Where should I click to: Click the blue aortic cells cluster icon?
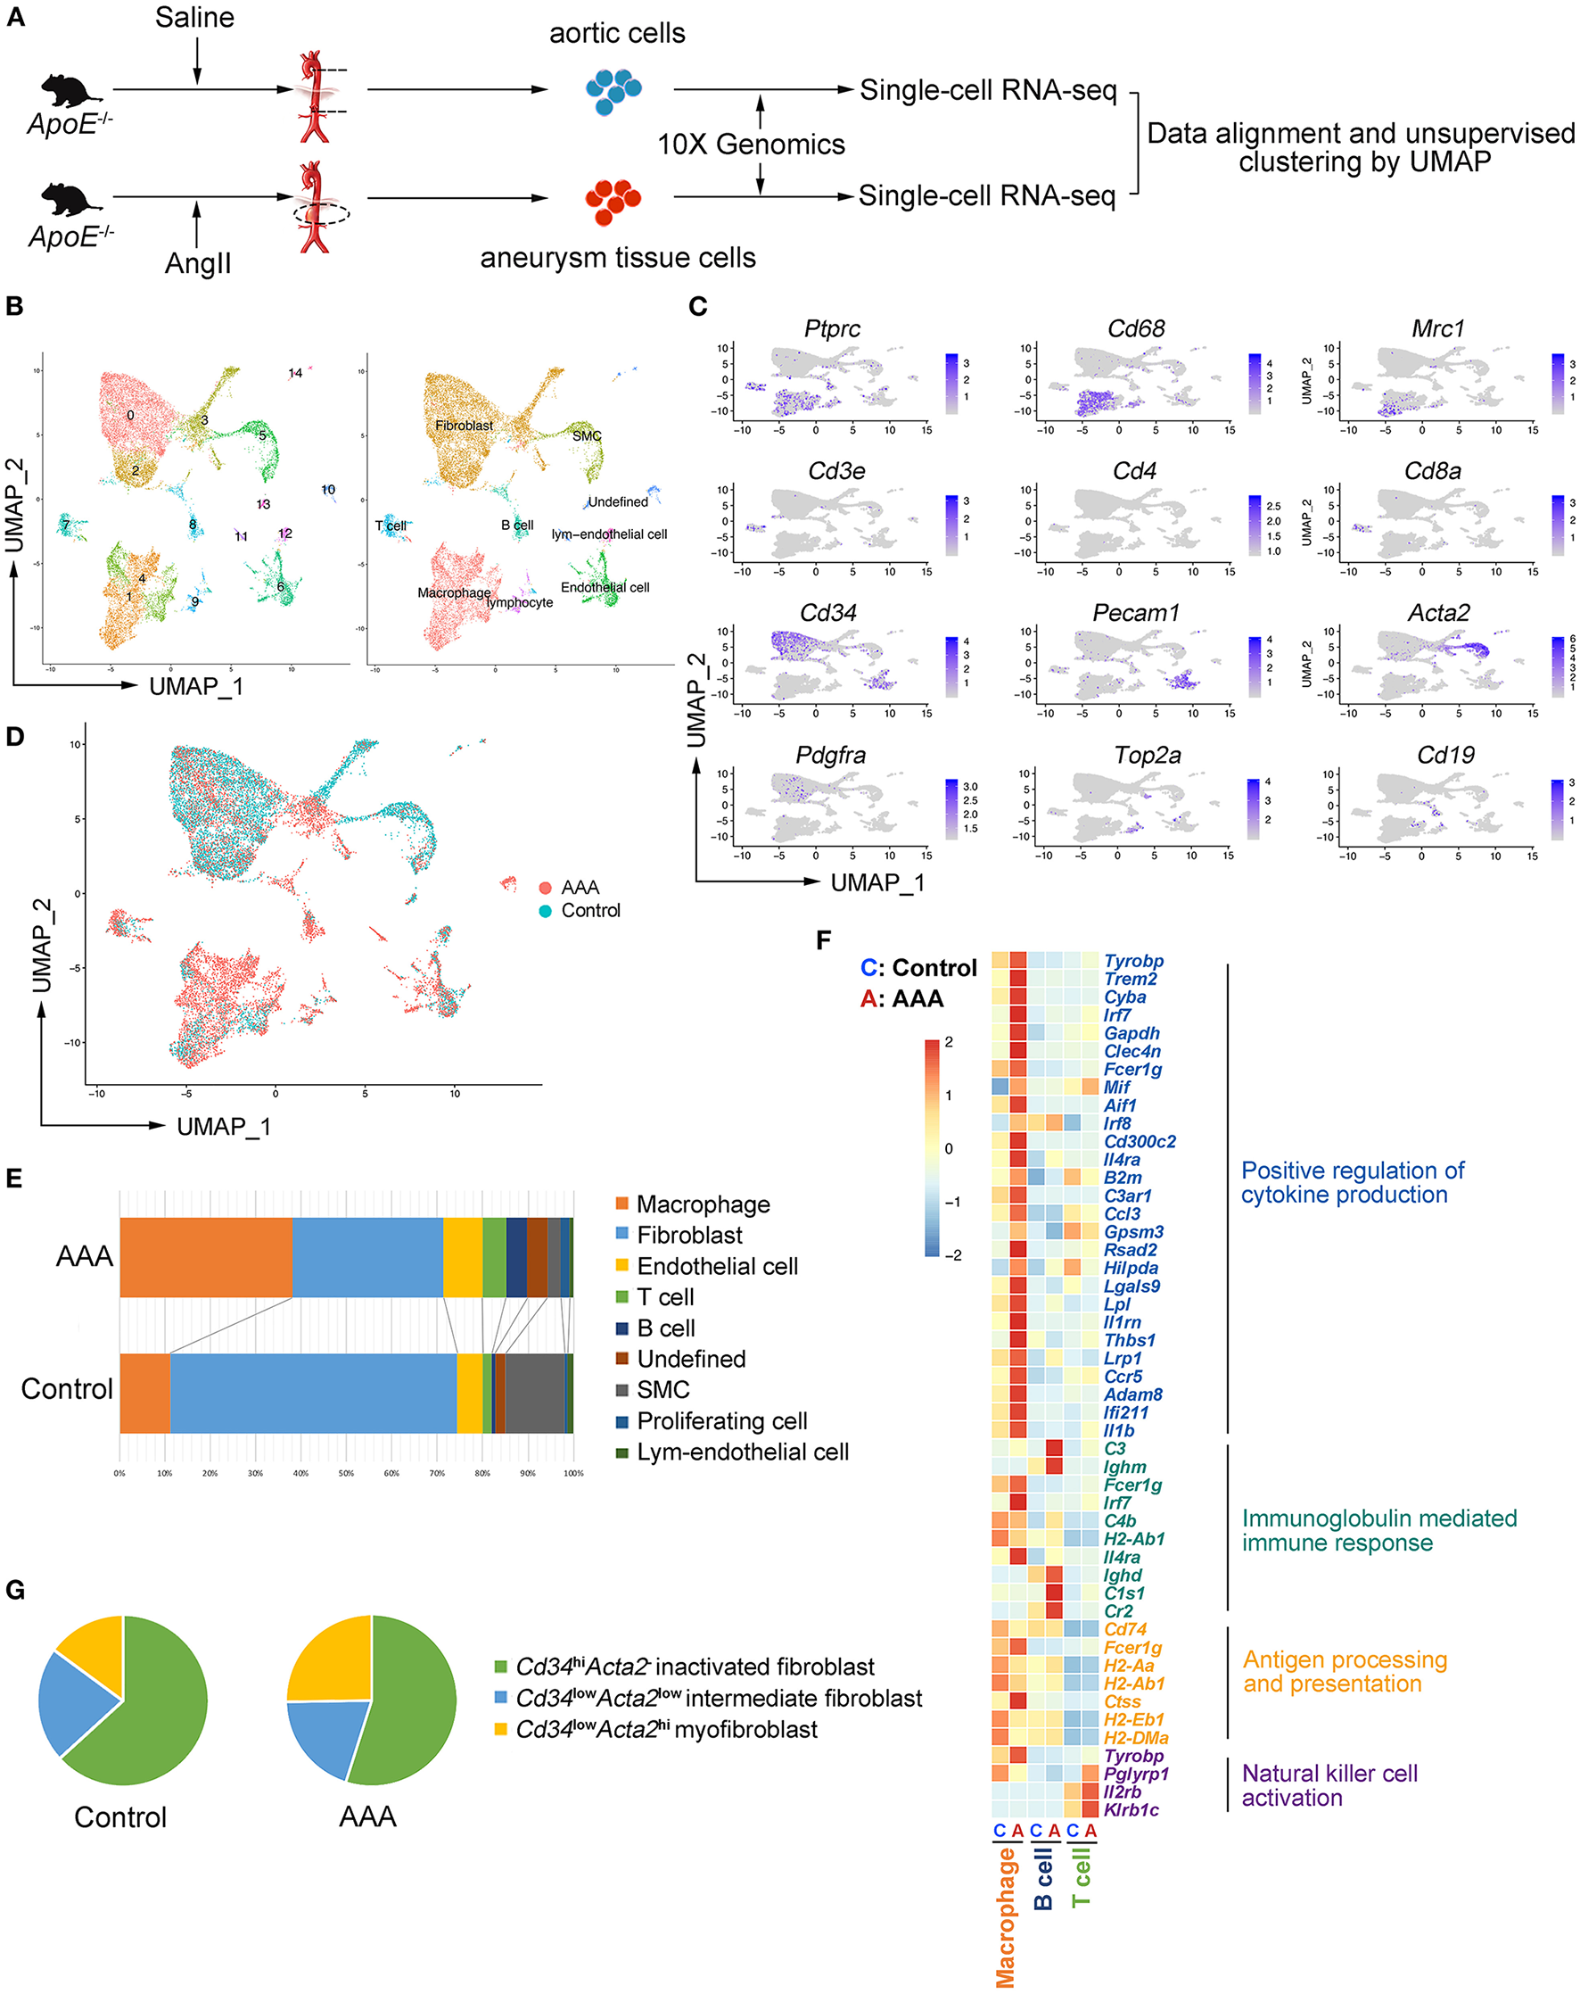(x=613, y=90)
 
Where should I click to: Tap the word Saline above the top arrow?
(x=194, y=18)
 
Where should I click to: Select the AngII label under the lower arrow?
(x=198, y=263)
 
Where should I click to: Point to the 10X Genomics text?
(x=751, y=145)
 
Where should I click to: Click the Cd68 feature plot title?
(x=1135, y=328)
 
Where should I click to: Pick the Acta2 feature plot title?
(x=1437, y=612)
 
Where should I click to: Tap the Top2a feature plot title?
(x=1147, y=755)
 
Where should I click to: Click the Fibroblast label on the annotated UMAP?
(x=465, y=426)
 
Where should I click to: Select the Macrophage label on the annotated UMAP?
(x=454, y=592)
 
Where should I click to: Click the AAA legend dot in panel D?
(x=546, y=888)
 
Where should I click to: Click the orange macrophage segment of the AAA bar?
(x=205, y=1257)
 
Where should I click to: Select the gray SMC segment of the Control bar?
(x=534, y=1393)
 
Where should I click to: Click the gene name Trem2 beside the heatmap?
(x=1130, y=979)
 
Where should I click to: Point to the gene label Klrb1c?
(x=1131, y=1809)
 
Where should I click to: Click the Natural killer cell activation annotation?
(x=1329, y=1785)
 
